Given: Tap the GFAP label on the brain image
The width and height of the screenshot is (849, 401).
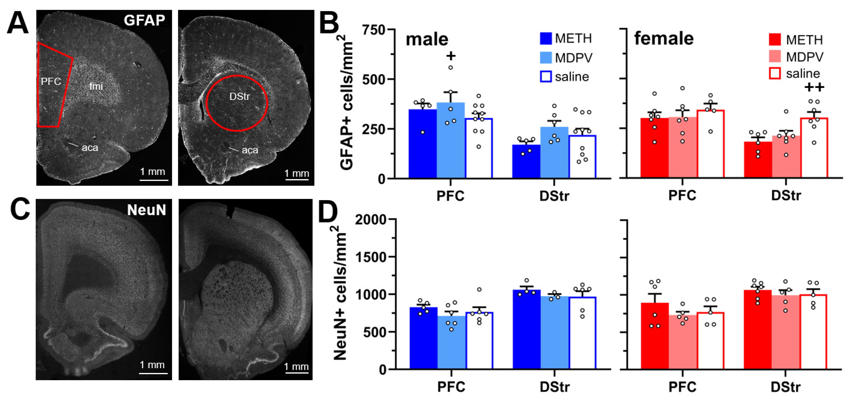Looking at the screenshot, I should click(x=144, y=20).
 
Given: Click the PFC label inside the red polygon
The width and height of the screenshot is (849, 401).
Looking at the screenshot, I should click(x=51, y=81).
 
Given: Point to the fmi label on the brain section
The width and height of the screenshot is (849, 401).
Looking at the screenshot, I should click(x=96, y=86).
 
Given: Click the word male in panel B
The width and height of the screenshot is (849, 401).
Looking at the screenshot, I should click(x=427, y=40).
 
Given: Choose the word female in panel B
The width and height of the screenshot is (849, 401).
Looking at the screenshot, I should click(x=664, y=39).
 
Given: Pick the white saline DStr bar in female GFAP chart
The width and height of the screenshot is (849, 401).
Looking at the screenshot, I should click(x=814, y=148).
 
